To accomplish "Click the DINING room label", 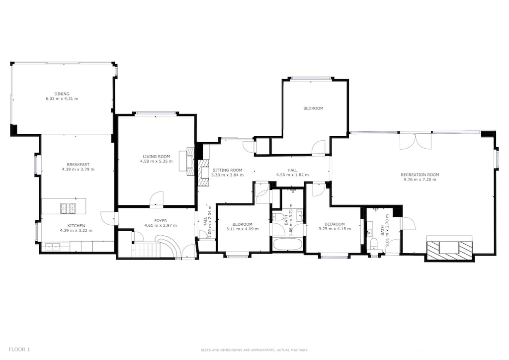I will (62, 93).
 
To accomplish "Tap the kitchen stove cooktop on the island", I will (68, 208).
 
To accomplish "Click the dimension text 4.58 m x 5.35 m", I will (157, 161).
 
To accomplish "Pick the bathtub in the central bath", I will (287, 245).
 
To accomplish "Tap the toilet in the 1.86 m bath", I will (278, 217).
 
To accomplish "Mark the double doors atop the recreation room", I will (416, 141).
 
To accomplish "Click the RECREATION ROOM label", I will (420, 175).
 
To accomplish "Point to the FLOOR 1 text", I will (19, 350).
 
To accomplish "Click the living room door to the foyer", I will (157, 199).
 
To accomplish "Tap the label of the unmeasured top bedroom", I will (313, 108).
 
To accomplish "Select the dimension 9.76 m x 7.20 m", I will (420, 180).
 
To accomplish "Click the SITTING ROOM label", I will (227, 170).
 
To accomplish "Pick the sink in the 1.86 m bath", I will (299, 215).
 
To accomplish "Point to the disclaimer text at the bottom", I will (254, 350).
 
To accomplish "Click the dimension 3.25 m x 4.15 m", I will (335, 229).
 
